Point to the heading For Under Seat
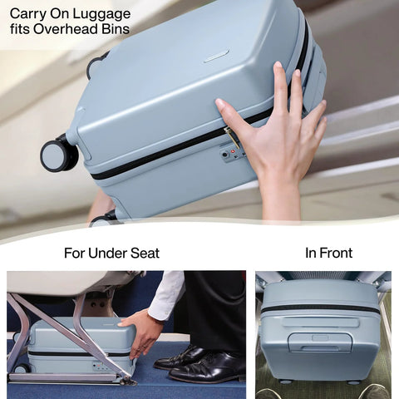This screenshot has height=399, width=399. pyautogui.click(x=111, y=253)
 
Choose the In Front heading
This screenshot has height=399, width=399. pyautogui.click(x=328, y=253)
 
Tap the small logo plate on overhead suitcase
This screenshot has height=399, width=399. pyautogui.click(x=216, y=56)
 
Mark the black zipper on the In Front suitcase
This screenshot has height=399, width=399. pyautogui.click(x=320, y=308)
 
